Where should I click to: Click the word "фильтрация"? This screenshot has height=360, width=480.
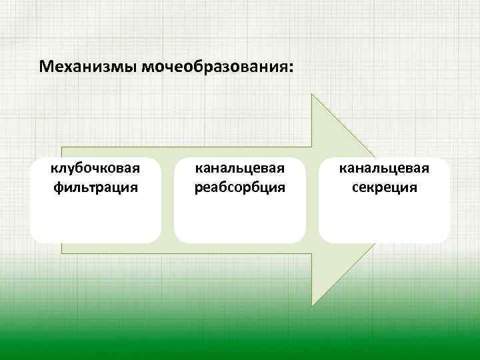tap(96, 187)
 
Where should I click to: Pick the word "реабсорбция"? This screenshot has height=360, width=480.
tap(240, 187)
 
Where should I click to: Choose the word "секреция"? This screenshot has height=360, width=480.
tap(385, 187)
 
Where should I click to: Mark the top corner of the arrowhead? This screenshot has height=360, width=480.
tap(313, 95)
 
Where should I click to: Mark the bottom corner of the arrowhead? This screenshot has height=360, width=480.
tap(313, 305)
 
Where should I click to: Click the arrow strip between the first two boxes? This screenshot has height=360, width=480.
tap(167, 200)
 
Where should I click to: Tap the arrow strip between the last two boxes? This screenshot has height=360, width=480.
tap(312, 200)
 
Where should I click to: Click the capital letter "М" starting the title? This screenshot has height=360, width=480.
tap(45, 68)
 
